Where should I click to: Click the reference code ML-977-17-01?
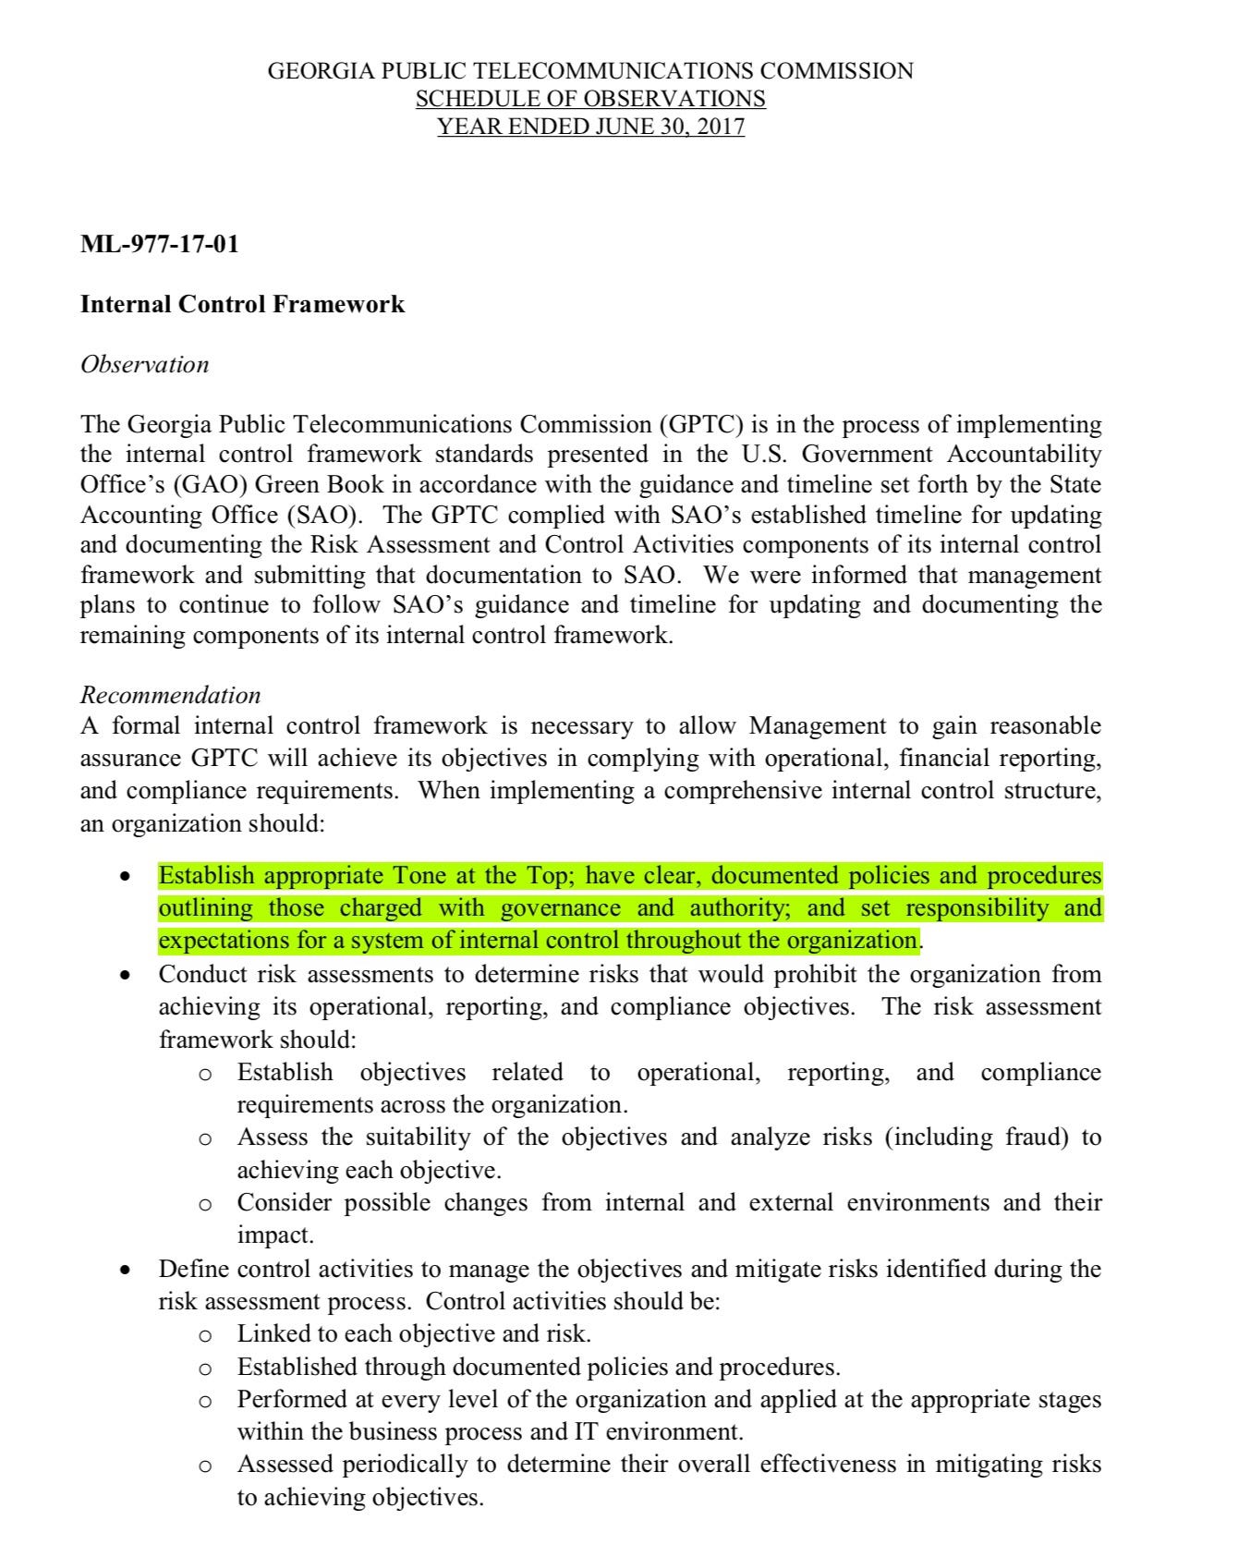(159, 244)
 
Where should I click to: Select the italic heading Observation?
(144, 364)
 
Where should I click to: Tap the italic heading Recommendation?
(170, 695)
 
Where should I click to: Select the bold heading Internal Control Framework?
(242, 304)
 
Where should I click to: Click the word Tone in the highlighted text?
(419, 875)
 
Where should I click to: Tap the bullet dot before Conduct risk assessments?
(126, 976)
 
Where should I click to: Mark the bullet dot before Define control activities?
(126, 1270)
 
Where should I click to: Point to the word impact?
(273, 1235)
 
